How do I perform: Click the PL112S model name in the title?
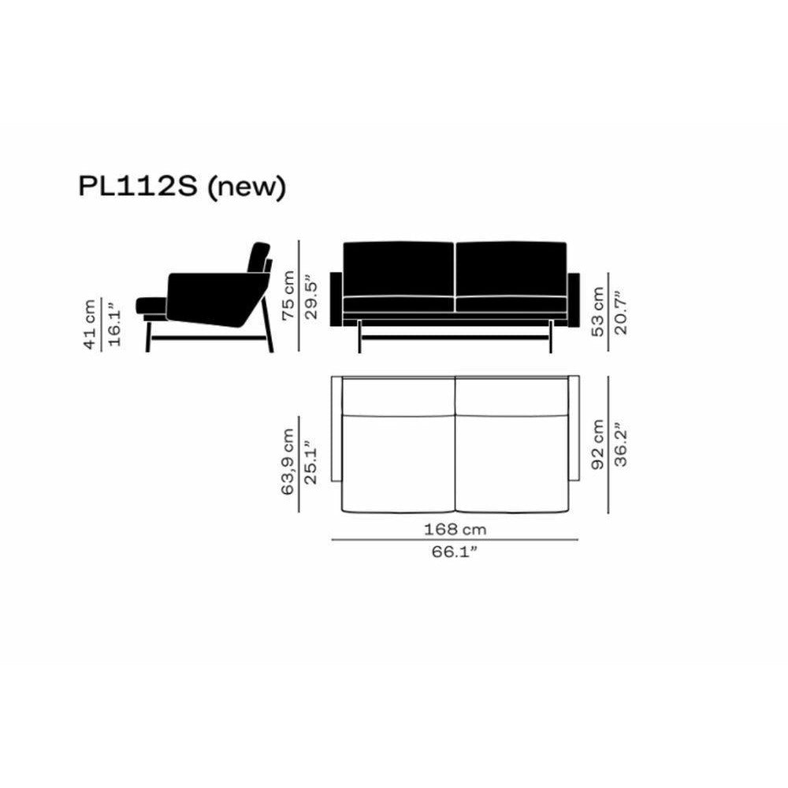[137, 187]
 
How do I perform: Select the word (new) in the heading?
[247, 188]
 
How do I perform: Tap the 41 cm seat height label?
[90, 324]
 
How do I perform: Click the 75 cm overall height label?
[288, 295]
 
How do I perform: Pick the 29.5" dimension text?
[312, 296]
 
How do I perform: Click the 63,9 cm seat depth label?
[288, 462]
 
